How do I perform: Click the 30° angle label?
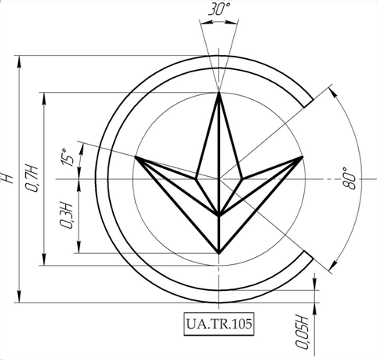(219, 9)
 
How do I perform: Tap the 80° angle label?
(349, 178)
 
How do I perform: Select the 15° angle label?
(67, 157)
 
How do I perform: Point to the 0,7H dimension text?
(31, 178)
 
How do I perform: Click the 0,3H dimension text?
(66, 215)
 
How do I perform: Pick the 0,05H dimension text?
(301, 332)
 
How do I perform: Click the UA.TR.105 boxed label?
(219, 324)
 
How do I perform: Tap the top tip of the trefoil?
(219, 92)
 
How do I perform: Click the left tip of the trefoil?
(135, 156)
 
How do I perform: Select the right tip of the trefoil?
(302, 156)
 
